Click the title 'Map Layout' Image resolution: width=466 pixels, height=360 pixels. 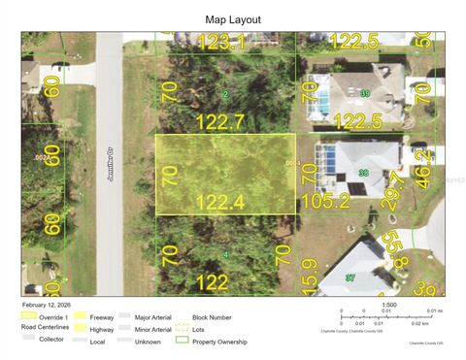(232, 18)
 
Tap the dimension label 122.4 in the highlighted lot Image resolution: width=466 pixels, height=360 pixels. (224, 201)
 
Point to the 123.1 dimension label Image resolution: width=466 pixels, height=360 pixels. (222, 41)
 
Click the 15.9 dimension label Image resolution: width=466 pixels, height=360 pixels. (309, 274)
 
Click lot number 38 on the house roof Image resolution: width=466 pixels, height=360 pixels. (363, 173)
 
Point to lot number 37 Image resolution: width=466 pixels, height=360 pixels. (351, 278)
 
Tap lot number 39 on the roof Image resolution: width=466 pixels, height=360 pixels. (364, 93)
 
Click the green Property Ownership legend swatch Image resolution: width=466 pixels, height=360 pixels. (182, 342)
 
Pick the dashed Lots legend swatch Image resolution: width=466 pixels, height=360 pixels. (182, 329)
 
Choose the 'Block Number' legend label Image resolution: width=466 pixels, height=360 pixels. (212, 316)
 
